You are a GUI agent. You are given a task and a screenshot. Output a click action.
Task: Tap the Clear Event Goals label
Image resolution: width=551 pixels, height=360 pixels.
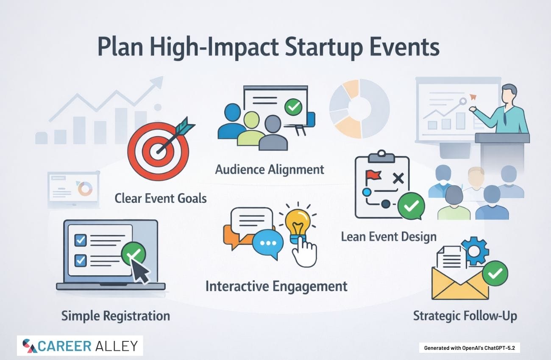[160, 198]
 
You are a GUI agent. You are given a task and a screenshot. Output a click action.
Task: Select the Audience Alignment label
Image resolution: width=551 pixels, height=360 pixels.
[270, 169]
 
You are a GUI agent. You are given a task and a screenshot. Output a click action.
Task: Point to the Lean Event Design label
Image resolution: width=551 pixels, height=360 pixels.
[389, 237]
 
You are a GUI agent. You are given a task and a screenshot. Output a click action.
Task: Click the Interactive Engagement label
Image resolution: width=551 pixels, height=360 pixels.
[276, 286]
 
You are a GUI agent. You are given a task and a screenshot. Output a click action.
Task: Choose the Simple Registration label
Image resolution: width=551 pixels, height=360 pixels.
[116, 316]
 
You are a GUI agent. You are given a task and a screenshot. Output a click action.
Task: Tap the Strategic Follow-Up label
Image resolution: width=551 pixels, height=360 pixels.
[465, 316]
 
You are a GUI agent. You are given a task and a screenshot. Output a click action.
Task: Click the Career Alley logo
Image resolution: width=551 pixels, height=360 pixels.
[80, 346]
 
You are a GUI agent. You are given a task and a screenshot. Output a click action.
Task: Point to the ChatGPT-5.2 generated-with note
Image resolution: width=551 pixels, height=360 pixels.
[469, 348]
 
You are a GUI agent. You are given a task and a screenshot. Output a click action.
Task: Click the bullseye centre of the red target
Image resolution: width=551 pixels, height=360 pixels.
[157, 151]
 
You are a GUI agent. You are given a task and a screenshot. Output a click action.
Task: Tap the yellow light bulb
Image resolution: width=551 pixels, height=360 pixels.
[298, 223]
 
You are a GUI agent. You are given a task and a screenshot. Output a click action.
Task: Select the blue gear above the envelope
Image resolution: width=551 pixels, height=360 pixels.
[475, 251]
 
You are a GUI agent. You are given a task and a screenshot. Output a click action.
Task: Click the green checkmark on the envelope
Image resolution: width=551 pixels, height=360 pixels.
[495, 273]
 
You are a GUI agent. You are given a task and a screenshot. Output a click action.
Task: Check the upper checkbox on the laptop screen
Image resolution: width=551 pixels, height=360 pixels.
[81, 240]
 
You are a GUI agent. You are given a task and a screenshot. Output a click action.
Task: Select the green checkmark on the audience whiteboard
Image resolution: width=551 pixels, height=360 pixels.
[293, 107]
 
